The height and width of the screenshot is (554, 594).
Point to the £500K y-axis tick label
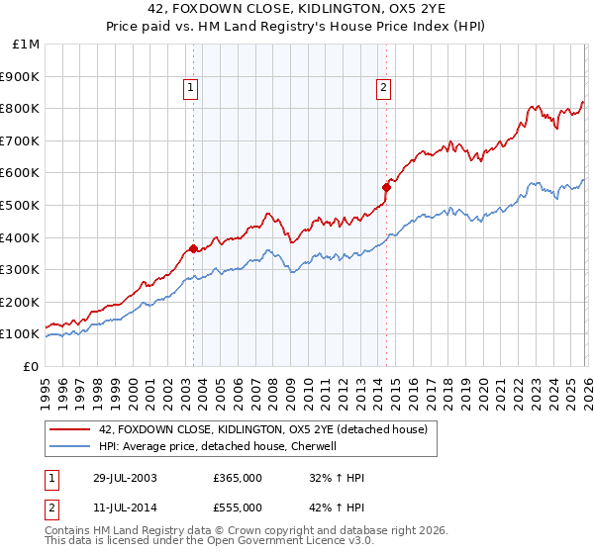(21, 205)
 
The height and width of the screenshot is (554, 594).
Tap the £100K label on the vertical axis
(21, 334)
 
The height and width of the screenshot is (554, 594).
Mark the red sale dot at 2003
(193, 248)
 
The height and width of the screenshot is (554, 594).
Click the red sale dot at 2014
(388, 186)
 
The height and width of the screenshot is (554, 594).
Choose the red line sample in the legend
(70, 429)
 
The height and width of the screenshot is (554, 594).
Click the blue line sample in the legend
(70, 446)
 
